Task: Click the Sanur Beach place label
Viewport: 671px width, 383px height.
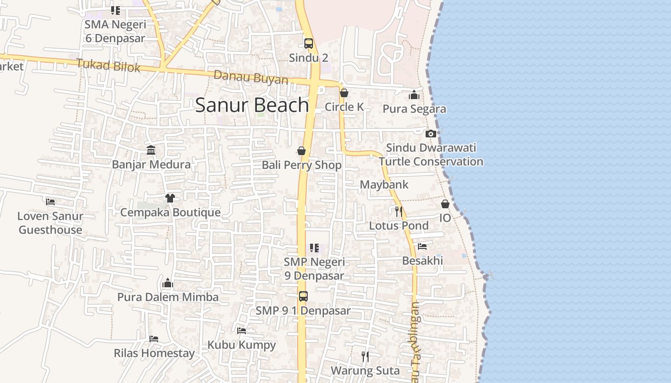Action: point(252,105)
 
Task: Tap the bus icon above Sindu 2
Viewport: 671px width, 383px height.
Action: point(309,44)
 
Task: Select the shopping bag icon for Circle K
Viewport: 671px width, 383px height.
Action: point(344,93)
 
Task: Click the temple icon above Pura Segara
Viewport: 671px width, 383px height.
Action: point(414,95)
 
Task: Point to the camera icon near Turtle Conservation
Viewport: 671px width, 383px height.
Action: point(430,134)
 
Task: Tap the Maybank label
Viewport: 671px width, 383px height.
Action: point(384,184)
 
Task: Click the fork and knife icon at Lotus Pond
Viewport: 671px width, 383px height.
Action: point(398,211)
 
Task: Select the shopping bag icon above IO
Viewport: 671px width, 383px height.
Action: point(445,204)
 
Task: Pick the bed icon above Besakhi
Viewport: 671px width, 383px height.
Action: point(422,247)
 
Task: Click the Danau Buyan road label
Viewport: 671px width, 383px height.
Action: point(251,78)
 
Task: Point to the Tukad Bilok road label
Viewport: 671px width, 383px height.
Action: point(108,66)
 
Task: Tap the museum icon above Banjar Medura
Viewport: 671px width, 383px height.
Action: point(151,150)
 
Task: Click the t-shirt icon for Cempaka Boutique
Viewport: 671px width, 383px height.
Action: point(170,198)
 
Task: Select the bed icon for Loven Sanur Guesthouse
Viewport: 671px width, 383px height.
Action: point(50,202)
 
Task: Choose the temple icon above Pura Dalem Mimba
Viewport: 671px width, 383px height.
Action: point(167,283)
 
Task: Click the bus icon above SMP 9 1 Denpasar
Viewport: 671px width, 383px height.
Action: point(303,296)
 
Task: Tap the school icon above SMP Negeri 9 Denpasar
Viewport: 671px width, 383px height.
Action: point(314,248)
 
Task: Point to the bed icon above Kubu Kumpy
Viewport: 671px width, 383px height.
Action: point(242,331)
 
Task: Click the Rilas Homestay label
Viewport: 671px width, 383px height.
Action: point(154,353)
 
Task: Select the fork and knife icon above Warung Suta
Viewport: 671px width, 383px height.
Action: point(365,356)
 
